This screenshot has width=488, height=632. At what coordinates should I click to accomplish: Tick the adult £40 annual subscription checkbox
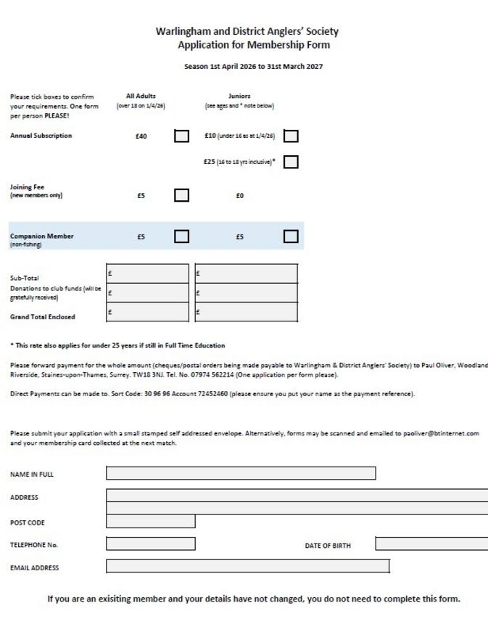pos(182,136)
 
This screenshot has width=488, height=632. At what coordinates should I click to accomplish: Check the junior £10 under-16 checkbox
pos(291,136)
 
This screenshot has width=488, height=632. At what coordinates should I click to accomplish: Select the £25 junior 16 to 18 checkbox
pos(291,162)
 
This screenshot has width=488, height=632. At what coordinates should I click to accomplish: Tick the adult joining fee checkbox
pos(182,194)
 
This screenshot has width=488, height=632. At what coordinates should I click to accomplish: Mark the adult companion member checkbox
pos(182,236)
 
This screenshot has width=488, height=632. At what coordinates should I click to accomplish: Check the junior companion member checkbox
pos(291,236)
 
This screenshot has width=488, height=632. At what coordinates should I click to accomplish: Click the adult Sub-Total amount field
pos(148,274)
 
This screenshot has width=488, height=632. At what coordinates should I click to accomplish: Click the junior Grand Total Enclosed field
pos(247,312)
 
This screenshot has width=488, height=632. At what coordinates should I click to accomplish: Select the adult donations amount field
pos(148,292)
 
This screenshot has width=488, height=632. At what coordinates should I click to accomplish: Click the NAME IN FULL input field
pos(241,474)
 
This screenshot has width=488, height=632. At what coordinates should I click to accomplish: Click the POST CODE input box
pos(151,521)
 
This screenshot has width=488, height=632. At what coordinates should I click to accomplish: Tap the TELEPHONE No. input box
pos(151,543)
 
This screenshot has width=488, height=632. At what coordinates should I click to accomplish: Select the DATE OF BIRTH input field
pos(431,543)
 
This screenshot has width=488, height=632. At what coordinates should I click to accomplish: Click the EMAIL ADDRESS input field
pos(248,566)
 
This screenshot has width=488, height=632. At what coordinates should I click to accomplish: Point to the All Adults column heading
pos(141,96)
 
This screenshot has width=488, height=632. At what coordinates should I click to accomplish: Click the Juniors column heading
pos(239,96)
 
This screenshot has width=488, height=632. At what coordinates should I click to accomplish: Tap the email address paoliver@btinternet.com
pos(441,433)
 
